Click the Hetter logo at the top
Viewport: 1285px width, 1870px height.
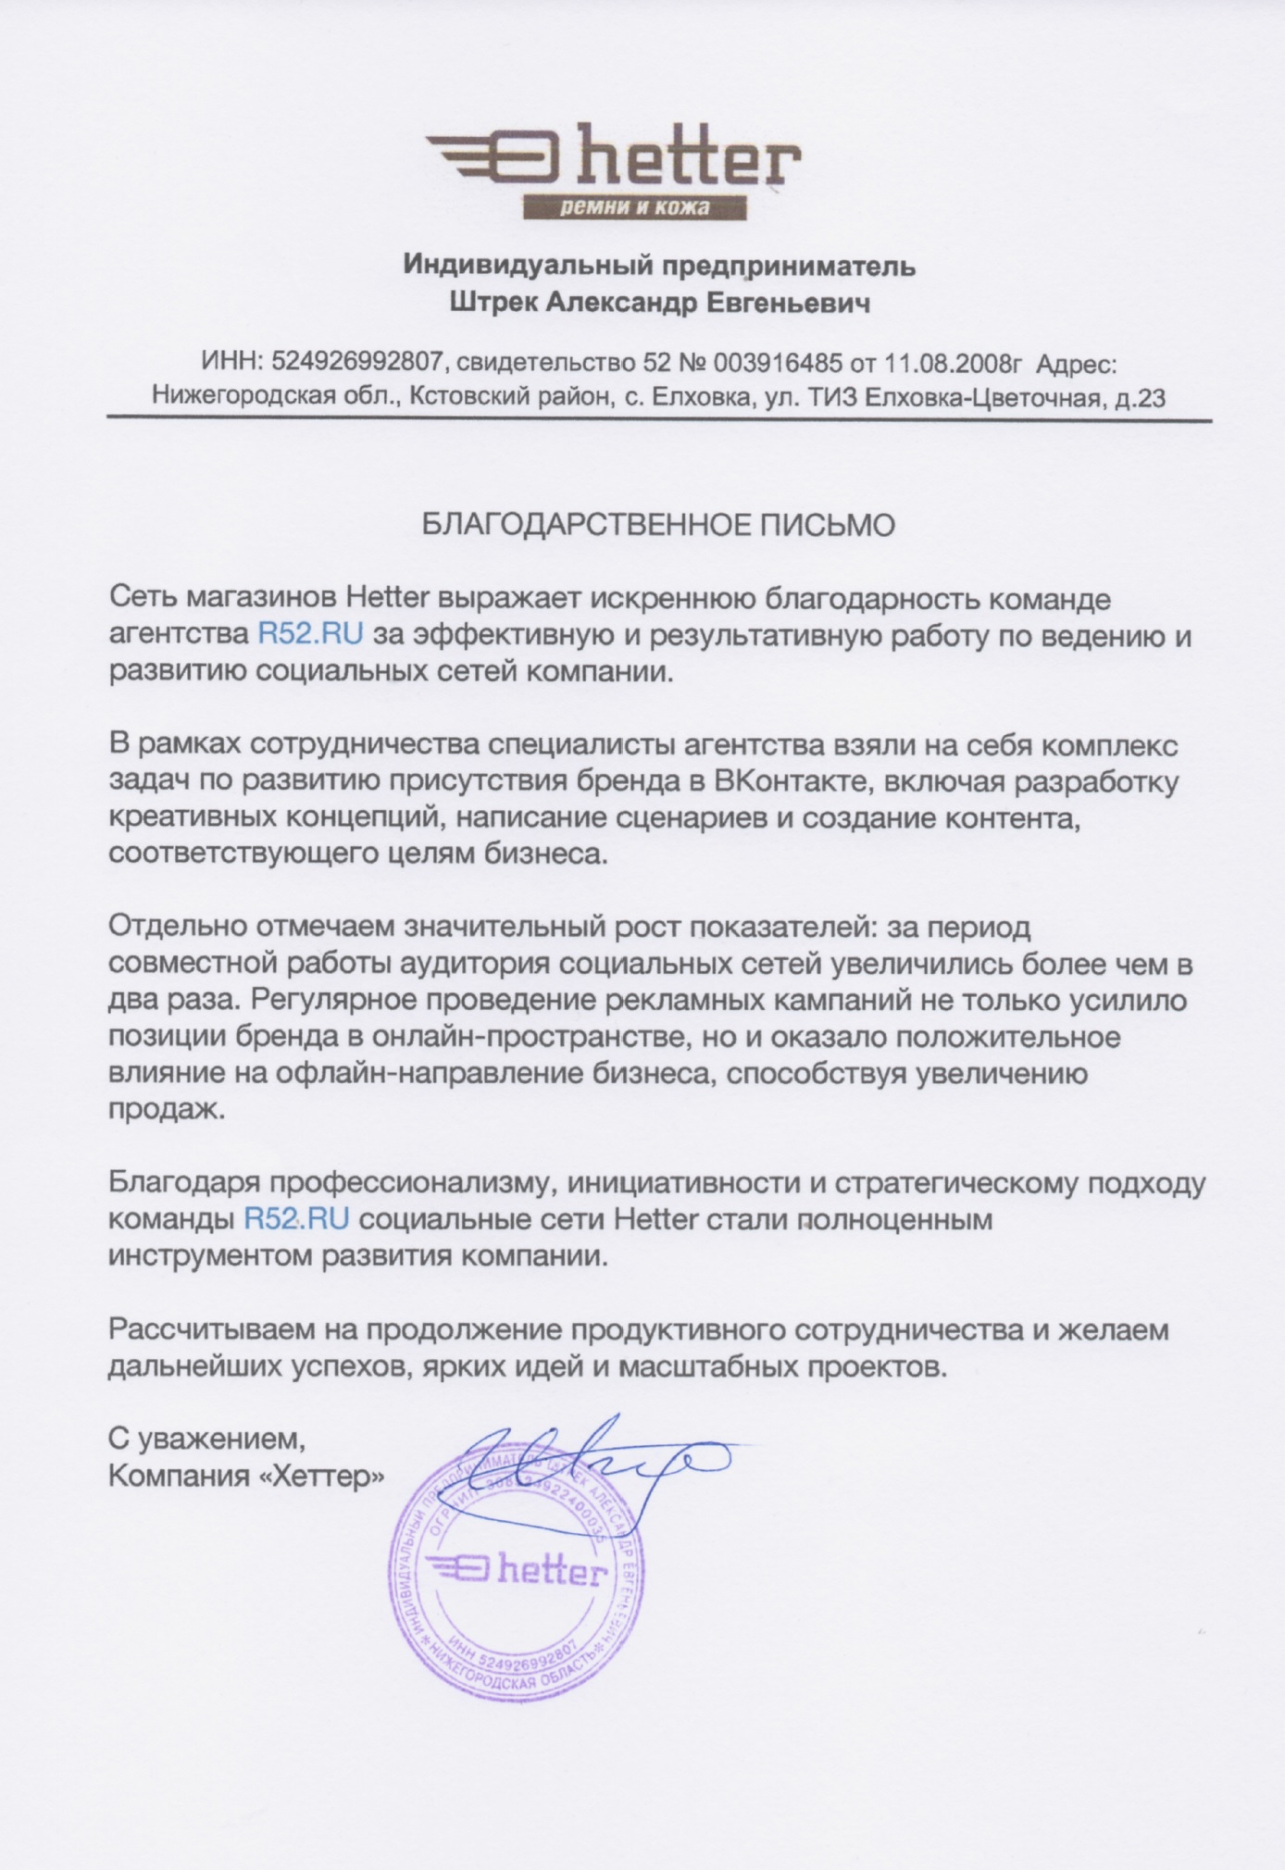click(614, 163)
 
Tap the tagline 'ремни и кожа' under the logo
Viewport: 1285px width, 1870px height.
click(635, 207)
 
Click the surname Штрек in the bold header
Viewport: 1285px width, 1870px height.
click(493, 303)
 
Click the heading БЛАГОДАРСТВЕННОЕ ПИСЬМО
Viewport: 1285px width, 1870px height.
click(658, 526)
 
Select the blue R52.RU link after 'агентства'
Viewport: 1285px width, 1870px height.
click(310, 636)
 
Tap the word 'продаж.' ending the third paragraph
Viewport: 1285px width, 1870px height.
click(167, 1110)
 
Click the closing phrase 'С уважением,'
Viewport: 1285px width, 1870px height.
click(206, 1440)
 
